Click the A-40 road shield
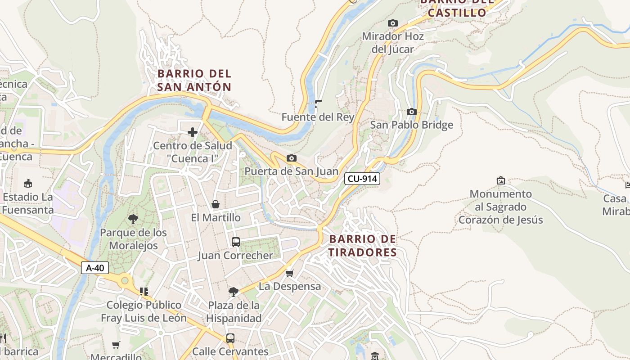point(95,268)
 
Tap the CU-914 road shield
point(362,179)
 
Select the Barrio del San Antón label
point(194,80)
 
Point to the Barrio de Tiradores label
point(362,246)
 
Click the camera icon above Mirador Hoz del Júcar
point(393,23)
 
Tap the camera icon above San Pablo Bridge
point(411,112)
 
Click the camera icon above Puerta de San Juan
point(292,158)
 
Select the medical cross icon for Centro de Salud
point(193,132)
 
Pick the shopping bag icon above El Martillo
point(216,204)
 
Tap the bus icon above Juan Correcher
point(235,242)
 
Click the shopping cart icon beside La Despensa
point(290,273)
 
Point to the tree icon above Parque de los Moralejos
point(133,219)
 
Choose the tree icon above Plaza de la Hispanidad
point(233,292)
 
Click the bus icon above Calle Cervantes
point(230,338)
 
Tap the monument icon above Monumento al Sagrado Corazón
point(500,180)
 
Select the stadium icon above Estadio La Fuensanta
point(28,184)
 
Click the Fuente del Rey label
point(318,117)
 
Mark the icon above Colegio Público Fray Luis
point(144,292)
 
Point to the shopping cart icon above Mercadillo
point(116,345)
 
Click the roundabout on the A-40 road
point(125,281)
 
